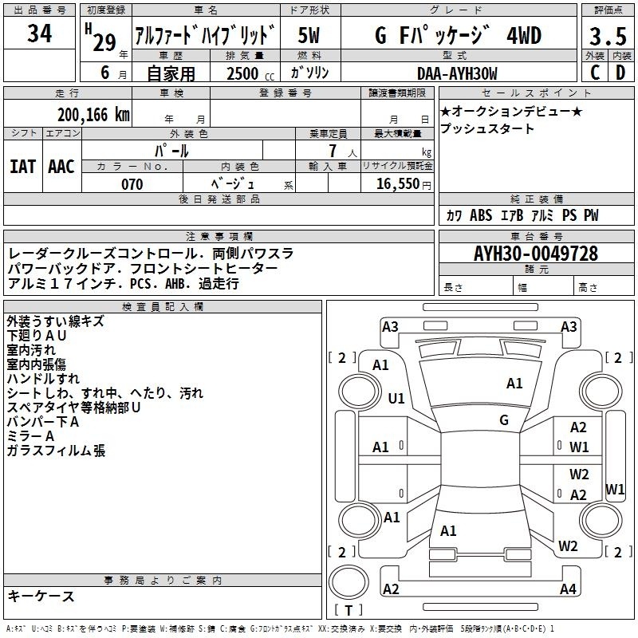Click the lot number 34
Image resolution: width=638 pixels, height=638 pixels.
pos(40,34)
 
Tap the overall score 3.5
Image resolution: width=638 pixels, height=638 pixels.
pos(607,37)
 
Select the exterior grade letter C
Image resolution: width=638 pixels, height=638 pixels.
pos(593,73)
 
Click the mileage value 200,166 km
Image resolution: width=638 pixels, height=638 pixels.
pos(93,115)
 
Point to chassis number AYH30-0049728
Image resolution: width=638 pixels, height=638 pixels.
pos(536,254)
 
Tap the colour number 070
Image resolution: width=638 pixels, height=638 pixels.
pos(132,184)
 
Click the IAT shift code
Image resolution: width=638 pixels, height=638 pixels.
pos(22,166)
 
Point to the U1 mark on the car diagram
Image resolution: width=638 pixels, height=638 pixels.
pos(396,398)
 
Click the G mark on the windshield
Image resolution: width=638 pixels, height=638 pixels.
pos(504,420)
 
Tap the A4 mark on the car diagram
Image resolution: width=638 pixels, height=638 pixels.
pos(568,589)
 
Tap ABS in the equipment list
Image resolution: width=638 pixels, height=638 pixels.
pos(481,215)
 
